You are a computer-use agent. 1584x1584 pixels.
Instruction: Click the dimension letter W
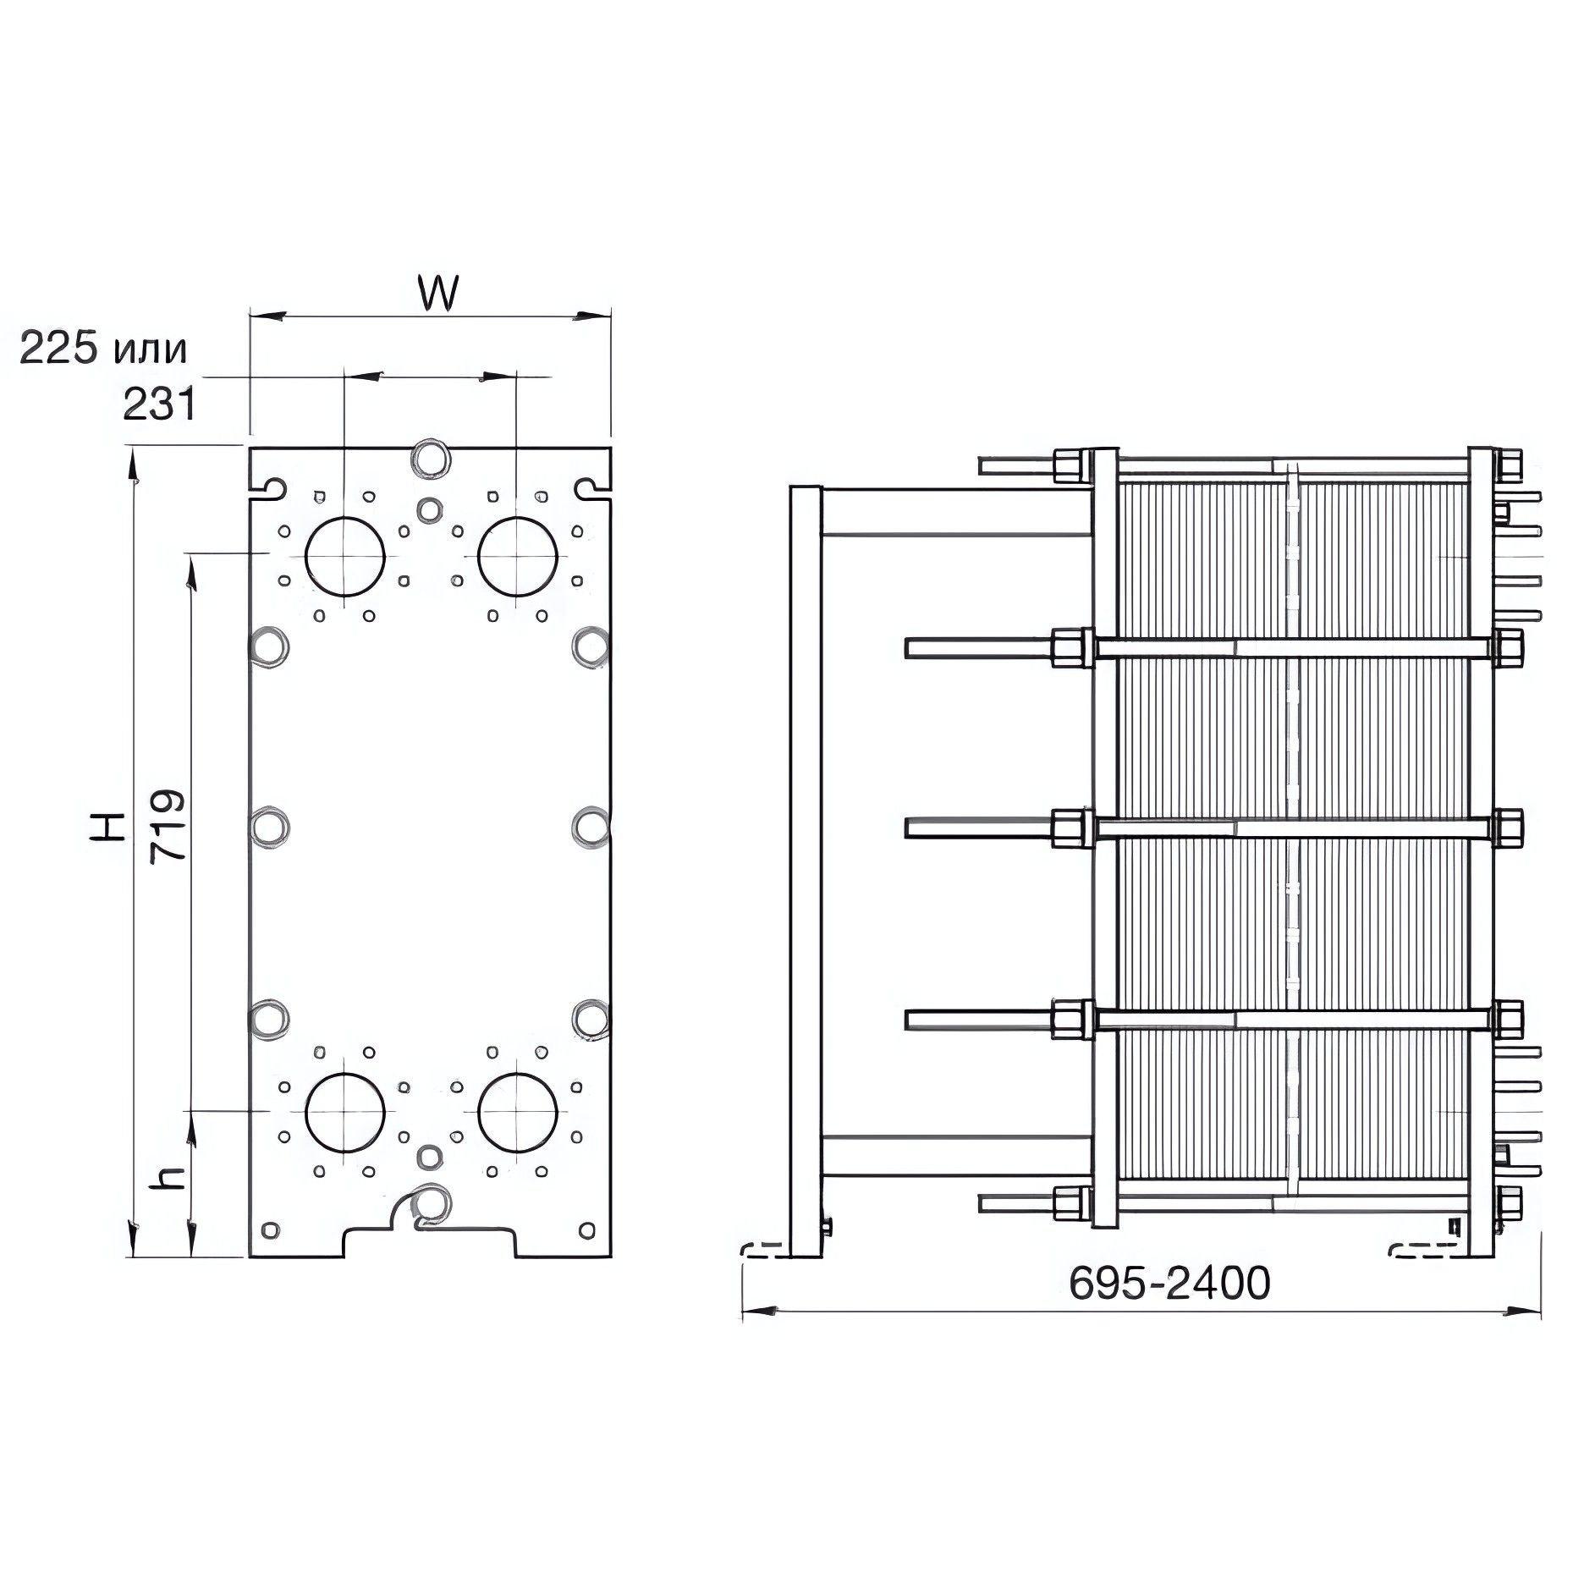[437, 293]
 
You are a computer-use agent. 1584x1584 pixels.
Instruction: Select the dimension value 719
[167, 826]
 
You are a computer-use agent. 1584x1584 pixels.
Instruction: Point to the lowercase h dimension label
[170, 1176]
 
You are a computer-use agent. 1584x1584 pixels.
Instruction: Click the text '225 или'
[102, 348]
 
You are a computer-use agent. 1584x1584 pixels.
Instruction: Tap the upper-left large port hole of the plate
[344, 555]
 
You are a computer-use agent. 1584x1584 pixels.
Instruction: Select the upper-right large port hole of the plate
[517, 555]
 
